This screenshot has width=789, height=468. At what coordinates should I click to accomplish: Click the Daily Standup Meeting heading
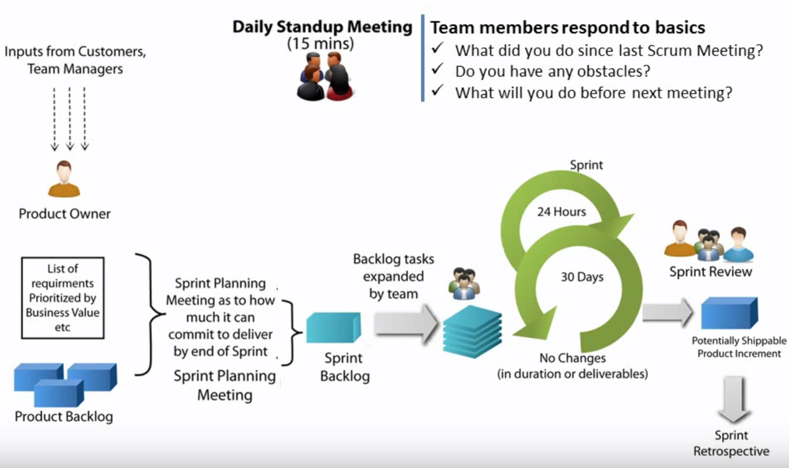pos(322,27)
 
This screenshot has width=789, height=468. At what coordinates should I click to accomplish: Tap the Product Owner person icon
pos(64,179)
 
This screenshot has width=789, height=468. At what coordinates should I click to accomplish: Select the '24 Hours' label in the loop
pos(561,212)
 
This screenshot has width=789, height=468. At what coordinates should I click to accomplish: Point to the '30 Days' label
pos(582,277)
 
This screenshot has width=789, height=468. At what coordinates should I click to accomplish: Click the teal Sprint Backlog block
pos(333,327)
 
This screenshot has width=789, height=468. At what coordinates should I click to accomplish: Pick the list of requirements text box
pos(63,298)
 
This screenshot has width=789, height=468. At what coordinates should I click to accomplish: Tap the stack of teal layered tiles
pos(472,332)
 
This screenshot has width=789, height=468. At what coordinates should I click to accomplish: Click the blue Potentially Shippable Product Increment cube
pos(729,313)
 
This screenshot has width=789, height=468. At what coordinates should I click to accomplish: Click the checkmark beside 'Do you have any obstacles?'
pos(437,69)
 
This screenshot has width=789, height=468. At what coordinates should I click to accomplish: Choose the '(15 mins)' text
pos(320,44)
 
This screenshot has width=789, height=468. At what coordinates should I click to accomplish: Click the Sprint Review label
pos(710,272)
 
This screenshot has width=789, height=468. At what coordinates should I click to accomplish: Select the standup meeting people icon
pos(324,77)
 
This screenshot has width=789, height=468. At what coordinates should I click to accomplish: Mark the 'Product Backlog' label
pos(64,417)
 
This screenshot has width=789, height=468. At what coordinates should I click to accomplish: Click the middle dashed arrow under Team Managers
pos(69,119)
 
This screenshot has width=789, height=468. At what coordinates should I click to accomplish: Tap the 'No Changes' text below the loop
pos(572,358)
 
